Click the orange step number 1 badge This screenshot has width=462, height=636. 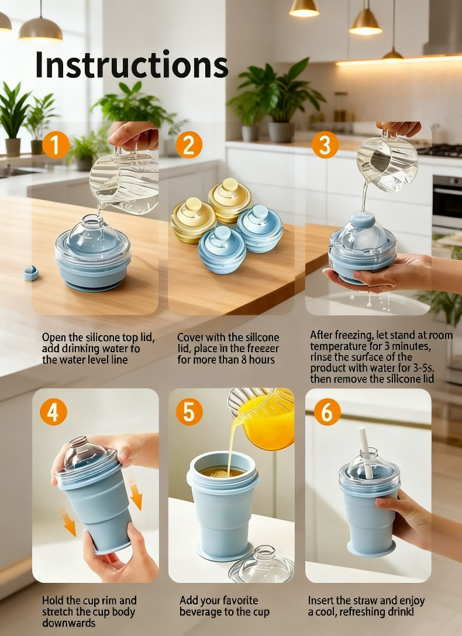(x=56, y=145)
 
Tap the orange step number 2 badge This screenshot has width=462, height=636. (x=189, y=145)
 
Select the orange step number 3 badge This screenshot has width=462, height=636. (x=326, y=145)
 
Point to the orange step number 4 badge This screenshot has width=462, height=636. (x=53, y=412)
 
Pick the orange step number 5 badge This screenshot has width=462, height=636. (x=189, y=412)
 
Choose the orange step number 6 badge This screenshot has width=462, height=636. (x=327, y=412)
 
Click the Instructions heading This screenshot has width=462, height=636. (x=132, y=64)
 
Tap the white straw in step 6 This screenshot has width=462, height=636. (x=366, y=453)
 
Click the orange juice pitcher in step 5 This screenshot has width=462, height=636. (x=263, y=418)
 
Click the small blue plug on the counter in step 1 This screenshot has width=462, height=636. (x=31, y=273)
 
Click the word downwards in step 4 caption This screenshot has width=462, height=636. (x=68, y=623)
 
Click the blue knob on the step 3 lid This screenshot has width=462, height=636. (x=363, y=220)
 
